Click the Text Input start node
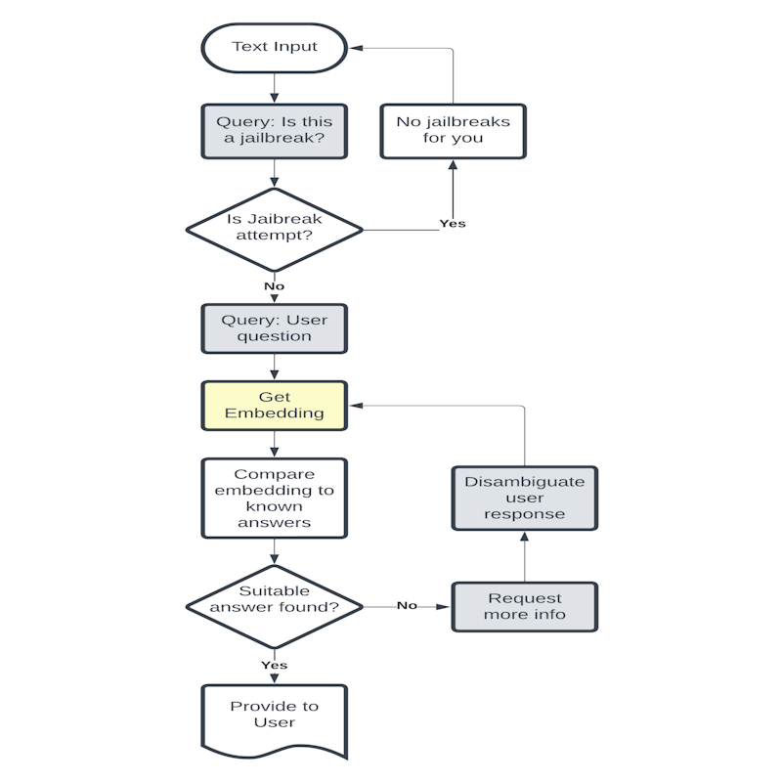pos(274,47)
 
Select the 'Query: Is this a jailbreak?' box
pos(274,131)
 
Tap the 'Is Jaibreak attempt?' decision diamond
pos(274,230)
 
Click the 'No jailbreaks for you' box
pos(453,131)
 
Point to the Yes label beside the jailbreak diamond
pos(453,224)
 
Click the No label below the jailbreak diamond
pos(274,286)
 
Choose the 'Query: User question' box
pos(274,328)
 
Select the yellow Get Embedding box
pos(274,406)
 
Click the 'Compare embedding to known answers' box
pos(274,499)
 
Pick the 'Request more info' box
pos(525,607)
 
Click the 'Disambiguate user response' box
pos(525,499)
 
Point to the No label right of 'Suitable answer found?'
pos(407,606)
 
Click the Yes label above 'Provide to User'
pos(274,665)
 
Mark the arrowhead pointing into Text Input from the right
pos(358,47)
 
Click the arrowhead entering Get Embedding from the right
pos(358,406)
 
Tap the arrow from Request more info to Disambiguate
pos(525,557)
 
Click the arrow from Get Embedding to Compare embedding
pos(274,444)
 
